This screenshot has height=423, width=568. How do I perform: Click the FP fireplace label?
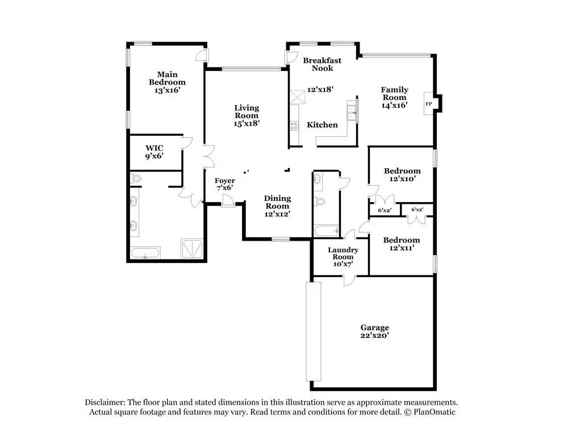428,104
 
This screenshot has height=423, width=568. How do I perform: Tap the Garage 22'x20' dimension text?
374,336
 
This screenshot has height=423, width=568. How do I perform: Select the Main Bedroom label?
167,78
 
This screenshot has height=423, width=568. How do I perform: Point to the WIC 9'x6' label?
154,152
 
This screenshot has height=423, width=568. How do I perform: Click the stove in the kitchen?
294,125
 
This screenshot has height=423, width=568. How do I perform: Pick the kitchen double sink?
352,112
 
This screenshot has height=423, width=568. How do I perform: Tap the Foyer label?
224,181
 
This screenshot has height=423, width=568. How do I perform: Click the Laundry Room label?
343,253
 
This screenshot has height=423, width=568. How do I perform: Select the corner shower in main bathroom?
192,249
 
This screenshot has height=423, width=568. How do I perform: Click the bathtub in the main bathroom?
145,253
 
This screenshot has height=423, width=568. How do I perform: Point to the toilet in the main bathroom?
135,178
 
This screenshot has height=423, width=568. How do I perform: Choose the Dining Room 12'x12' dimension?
277,214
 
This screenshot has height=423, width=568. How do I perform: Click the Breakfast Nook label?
322,64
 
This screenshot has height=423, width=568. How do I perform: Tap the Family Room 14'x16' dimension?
395,106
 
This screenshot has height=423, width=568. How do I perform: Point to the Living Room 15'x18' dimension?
247,124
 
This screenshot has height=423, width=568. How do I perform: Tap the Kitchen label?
322,125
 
